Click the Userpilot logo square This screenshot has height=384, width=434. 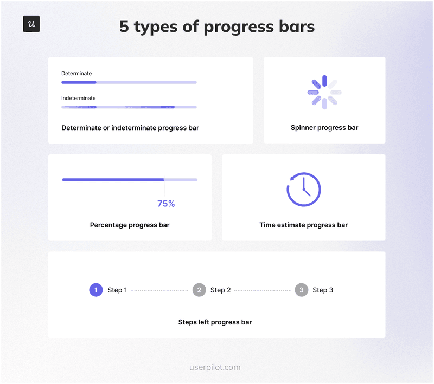point(31,24)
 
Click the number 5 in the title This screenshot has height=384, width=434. point(124,27)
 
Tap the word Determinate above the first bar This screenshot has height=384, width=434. point(76,73)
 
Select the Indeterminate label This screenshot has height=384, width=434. point(79,98)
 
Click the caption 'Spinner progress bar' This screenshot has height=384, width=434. point(324,128)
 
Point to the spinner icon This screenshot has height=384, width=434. point(324,92)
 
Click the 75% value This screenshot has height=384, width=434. point(166,204)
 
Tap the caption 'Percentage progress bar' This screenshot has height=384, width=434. point(130,225)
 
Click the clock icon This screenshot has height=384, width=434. point(304,189)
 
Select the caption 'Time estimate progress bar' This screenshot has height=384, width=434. point(304,225)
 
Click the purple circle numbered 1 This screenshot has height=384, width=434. point(96,290)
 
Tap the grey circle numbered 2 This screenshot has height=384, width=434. point(199,290)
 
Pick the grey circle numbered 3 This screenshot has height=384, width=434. point(302,290)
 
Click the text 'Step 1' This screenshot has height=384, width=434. point(117,290)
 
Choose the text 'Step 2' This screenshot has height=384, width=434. point(221,290)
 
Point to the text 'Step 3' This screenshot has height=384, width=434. point(323,290)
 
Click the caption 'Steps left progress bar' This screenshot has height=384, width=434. point(215,322)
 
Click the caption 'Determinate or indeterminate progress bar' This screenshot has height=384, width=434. point(130,128)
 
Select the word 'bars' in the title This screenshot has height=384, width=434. point(296,27)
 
